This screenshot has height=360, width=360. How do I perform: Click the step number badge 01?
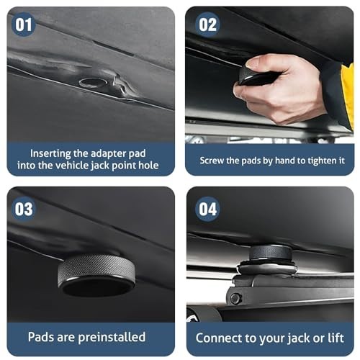point(23,24)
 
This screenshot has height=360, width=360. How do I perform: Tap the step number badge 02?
point(207,24)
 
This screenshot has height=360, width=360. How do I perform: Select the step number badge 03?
point(23,209)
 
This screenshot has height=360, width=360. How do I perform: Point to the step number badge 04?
point(207,209)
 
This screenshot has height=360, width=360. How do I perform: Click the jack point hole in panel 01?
point(92,82)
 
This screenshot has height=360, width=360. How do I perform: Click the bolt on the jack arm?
point(234,298)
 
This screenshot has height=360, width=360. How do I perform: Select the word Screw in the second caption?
point(213,160)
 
